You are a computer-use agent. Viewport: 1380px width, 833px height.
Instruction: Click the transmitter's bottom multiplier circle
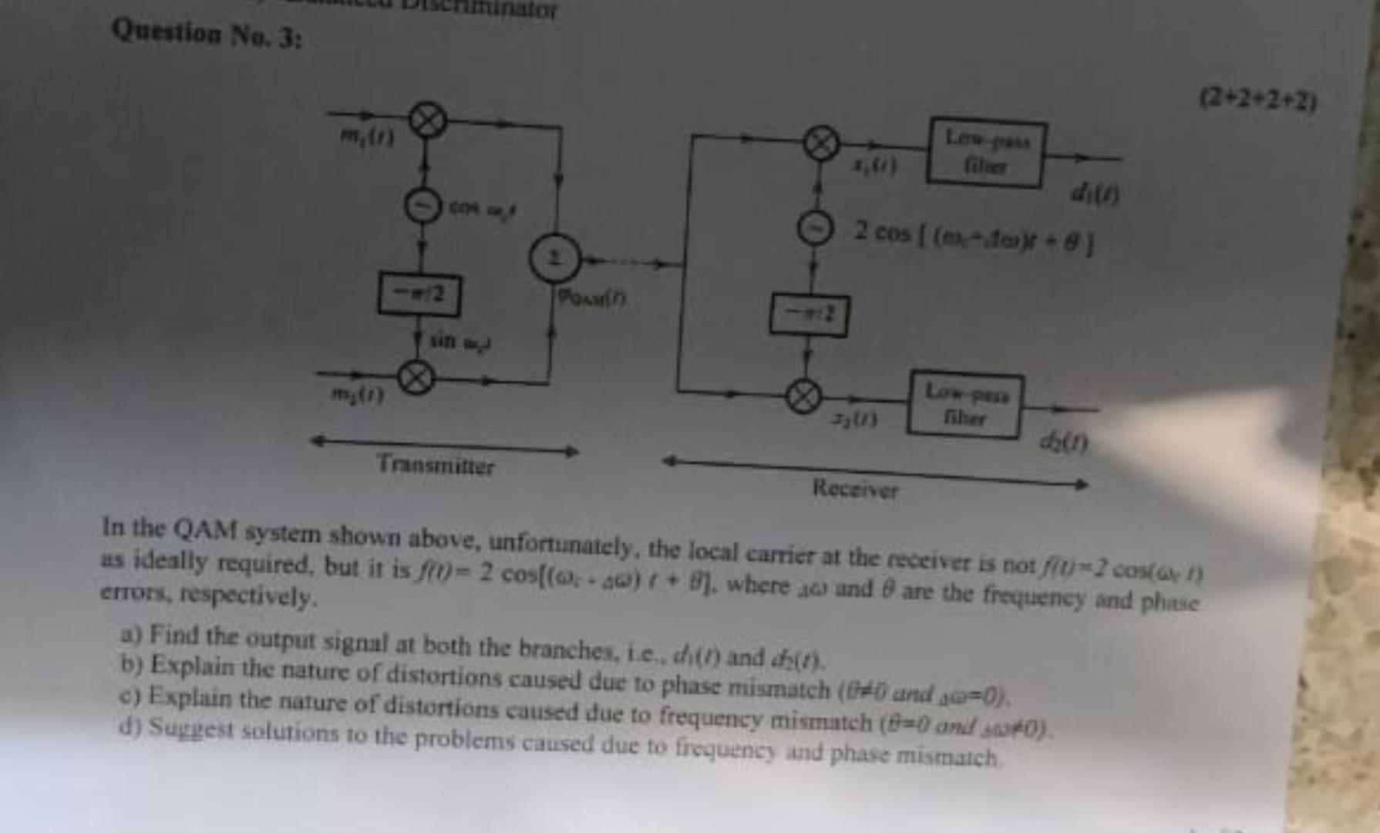(x=416, y=378)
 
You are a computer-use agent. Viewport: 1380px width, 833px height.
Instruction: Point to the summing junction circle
(x=554, y=258)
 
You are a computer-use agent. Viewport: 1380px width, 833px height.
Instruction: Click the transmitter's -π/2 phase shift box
(x=419, y=295)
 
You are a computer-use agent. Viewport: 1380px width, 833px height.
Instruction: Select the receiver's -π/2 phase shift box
(x=809, y=315)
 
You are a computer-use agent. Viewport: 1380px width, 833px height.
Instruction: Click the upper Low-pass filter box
(x=986, y=152)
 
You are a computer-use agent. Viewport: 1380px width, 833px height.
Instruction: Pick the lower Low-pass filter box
(x=966, y=405)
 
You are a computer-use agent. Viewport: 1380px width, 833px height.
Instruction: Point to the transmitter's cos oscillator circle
(x=422, y=207)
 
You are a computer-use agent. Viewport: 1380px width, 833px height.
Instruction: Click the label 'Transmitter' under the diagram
(x=436, y=465)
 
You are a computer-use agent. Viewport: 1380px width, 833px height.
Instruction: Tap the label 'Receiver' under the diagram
(x=856, y=489)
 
